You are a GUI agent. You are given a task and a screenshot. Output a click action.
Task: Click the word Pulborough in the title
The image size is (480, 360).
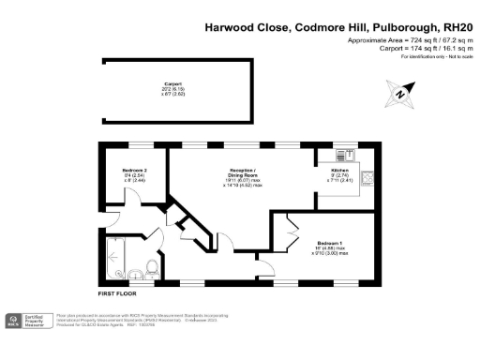tap(396, 28)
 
